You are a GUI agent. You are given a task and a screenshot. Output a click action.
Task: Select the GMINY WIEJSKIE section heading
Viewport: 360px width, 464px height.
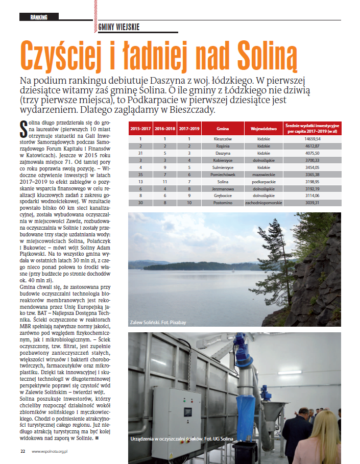coord(118,28)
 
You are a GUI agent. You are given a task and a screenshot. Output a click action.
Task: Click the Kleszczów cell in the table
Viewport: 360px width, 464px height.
coord(223,138)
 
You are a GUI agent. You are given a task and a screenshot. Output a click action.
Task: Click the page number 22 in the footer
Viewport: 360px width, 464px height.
coord(22,451)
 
